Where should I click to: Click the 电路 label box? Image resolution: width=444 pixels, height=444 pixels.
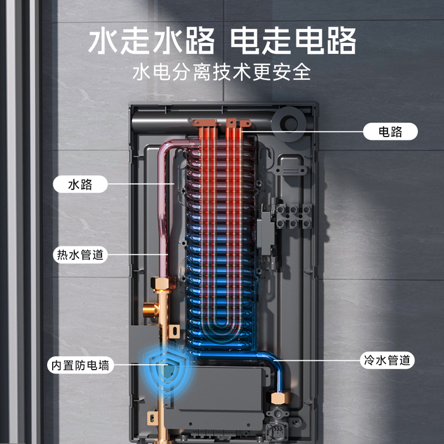390,132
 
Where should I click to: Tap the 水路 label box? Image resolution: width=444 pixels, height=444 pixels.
80,184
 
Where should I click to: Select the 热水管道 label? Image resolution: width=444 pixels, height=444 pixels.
80,255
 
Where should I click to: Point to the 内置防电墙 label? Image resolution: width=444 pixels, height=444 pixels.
81,366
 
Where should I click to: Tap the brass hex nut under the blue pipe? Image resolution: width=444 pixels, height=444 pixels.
276,398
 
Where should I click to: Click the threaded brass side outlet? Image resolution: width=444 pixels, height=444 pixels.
148,309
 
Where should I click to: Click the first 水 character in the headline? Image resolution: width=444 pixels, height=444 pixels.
105,41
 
